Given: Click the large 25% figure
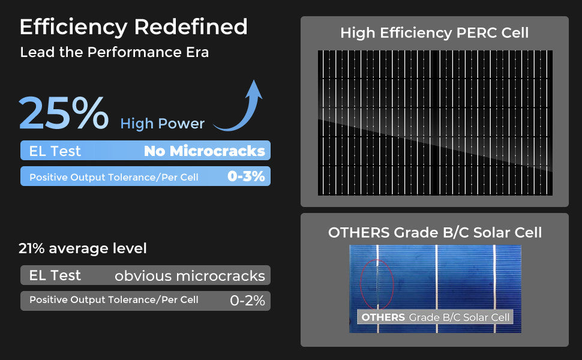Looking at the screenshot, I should click(64, 114).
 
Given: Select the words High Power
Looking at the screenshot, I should click(162, 124).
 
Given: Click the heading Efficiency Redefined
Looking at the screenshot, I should click(133, 27).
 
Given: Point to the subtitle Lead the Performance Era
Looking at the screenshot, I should click(114, 52).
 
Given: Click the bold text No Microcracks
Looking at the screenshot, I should click(204, 151).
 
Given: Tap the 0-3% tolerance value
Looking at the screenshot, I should click(246, 177).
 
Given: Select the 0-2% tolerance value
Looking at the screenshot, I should click(247, 301).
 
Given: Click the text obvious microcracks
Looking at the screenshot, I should click(190, 276).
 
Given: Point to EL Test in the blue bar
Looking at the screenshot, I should click(55, 151).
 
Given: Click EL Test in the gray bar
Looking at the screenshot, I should click(55, 275).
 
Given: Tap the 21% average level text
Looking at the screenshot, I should click(82, 248).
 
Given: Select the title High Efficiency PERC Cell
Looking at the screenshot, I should click(434, 33).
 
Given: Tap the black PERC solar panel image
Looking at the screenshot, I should click(435, 122).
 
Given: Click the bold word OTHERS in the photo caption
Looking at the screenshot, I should click(383, 317).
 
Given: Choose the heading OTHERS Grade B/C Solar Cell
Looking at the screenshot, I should click(434, 233).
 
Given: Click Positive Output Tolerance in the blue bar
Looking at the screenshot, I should click(113, 178).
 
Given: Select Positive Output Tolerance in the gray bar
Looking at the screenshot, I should click(113, 300).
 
